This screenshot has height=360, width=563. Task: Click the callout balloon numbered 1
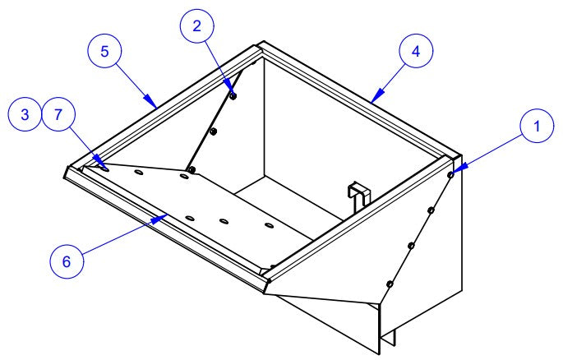click(x=537, y=126)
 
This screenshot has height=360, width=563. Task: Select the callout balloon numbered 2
click(x=196, y=26)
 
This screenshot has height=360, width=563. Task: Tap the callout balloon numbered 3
click(x=25, y=114)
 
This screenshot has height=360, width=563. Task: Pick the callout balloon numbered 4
click(x=416, y=51)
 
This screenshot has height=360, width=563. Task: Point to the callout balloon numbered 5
click(x=104, y=51)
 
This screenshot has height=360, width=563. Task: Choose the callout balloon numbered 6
click(x=67, y=261)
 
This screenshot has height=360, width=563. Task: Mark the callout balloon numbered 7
click(x=58, y=114)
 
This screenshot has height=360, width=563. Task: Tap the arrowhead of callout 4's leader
click(x=376, y=96)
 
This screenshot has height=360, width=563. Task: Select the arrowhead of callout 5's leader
click(x=150, y=101)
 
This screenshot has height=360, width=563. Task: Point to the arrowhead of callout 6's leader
click(x=159, y=218)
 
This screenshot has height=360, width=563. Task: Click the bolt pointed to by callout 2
click(x=233, y=96)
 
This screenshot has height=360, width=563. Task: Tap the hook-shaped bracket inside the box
click(x=359, y=196)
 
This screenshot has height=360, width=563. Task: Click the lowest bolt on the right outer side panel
click(x=390, y=284)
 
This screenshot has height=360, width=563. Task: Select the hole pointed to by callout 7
click(x=104, y=168)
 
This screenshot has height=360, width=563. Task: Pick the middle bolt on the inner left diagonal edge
click(x=213, y=132)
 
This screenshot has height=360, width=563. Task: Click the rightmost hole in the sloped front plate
click(x=269, y=225)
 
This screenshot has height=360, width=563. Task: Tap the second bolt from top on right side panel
click(x=431, y=210)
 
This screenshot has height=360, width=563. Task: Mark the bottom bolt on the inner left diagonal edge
click(x=192, y=169)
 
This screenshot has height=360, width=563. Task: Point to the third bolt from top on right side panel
click(x=412, y=246)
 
